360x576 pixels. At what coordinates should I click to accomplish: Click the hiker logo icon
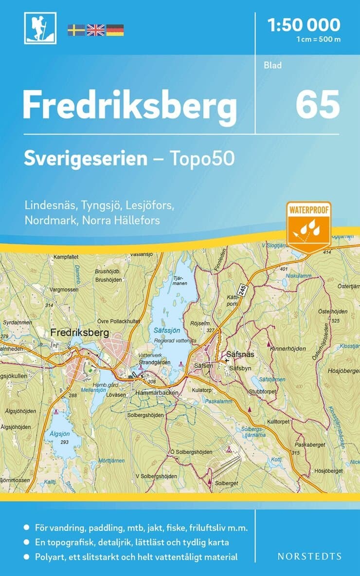40,28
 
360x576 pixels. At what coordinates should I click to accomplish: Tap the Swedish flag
76,30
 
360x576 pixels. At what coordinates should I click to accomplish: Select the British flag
95,30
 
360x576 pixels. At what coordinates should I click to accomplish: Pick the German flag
115,30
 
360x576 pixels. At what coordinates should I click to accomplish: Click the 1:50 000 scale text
303,24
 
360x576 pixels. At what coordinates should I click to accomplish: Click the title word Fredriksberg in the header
129,106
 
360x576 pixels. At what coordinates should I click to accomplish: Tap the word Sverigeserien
86,159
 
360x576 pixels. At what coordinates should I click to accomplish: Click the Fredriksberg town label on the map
79,333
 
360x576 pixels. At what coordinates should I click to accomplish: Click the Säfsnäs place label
242,355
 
